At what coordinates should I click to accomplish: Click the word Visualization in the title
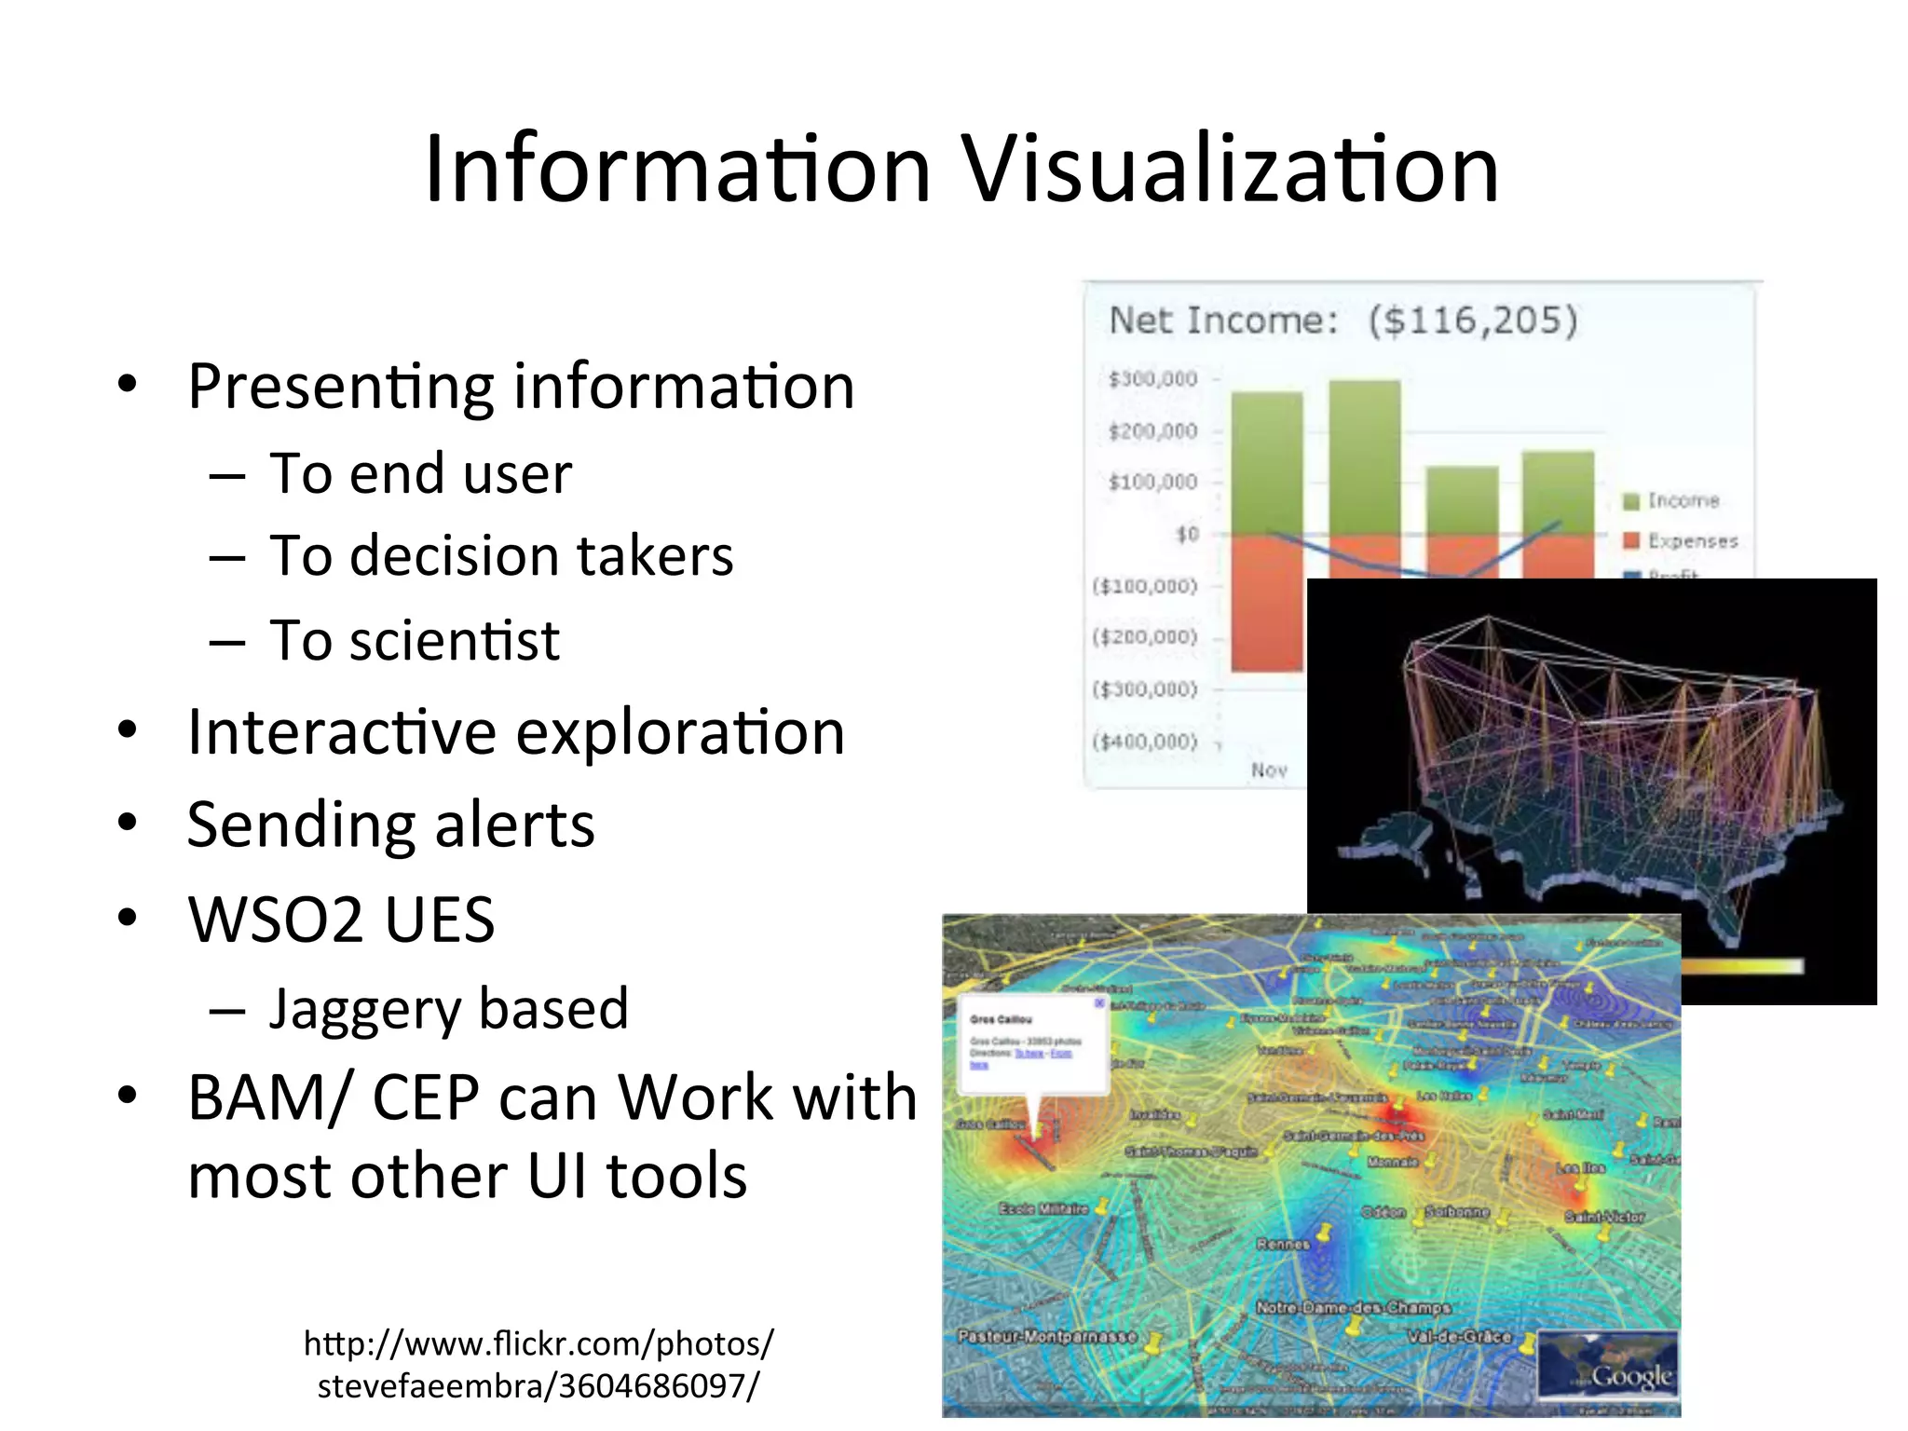point(1230,170)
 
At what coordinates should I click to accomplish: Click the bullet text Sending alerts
point(390,825)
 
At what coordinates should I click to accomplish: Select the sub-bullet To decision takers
point(501,556)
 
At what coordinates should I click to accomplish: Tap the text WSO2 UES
point(341,920)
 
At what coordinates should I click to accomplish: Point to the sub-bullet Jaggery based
point(449,1009)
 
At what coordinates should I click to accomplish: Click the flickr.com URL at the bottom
point(538,1364)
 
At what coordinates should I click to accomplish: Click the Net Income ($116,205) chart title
point(1342,320)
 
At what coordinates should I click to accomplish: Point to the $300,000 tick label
point(1152,379)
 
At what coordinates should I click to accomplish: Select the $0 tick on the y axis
point(1187,535)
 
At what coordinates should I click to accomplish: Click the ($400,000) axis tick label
point(1144,743)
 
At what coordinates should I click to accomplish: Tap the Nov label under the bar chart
point(1269,770)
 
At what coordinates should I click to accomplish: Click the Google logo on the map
point(1631,1375)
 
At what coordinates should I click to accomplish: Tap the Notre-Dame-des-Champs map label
point(1353,1308)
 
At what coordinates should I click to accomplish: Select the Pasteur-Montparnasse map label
point(1047,1337)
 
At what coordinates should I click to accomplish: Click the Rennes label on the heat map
point(1283,1245)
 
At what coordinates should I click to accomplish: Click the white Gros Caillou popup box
point(1033,1044)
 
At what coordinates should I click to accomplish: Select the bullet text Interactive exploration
point(516,733)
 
